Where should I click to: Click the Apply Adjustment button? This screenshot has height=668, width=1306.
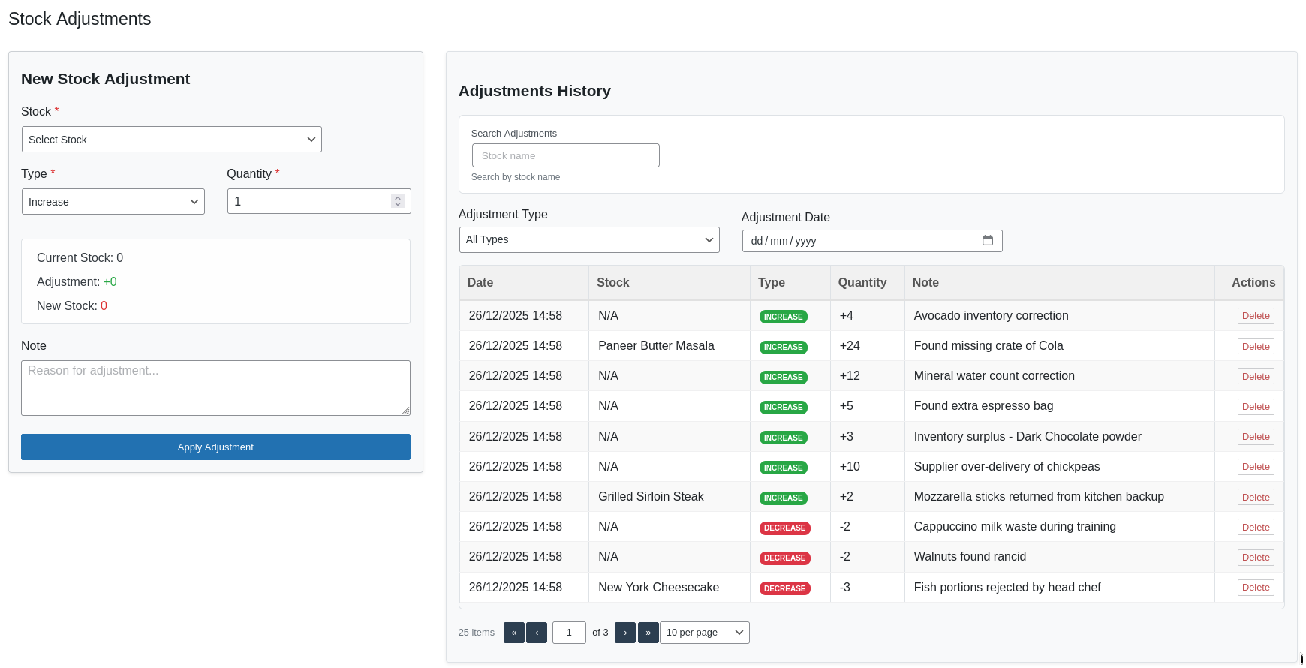tap(215, 447)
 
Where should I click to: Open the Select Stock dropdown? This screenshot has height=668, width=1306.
tap(171, 140)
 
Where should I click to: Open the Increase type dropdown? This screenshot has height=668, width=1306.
tap(113, 202)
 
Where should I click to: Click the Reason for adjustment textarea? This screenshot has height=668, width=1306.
tap(215, 388)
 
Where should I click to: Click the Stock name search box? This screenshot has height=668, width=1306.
tap(565, 155)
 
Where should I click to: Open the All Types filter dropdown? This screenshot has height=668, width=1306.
tap(588, 239)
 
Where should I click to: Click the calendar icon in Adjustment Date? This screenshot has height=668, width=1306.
tap(987, 241)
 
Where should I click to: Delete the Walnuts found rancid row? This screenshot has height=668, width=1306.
tap(1255, 558)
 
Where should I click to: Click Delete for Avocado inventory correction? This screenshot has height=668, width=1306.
tap(1255, 316)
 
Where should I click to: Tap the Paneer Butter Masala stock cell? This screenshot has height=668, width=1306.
tap(656, 346)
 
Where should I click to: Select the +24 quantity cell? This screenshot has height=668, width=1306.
tap(850, 346)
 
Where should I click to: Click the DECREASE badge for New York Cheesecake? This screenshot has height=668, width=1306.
tap(784, 588)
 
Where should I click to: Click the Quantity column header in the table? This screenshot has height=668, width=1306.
tap(862, 283)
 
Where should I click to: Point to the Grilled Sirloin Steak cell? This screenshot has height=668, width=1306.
tap(651, 497)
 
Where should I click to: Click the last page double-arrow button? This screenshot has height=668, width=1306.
tap(648, 633)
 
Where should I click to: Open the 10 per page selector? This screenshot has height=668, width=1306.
tap(704, 633)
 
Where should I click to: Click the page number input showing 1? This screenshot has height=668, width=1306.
tap(569, 633)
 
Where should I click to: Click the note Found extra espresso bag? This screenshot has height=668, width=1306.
tap(983, 406)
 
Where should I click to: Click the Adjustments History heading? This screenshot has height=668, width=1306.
tap(534, 91)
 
